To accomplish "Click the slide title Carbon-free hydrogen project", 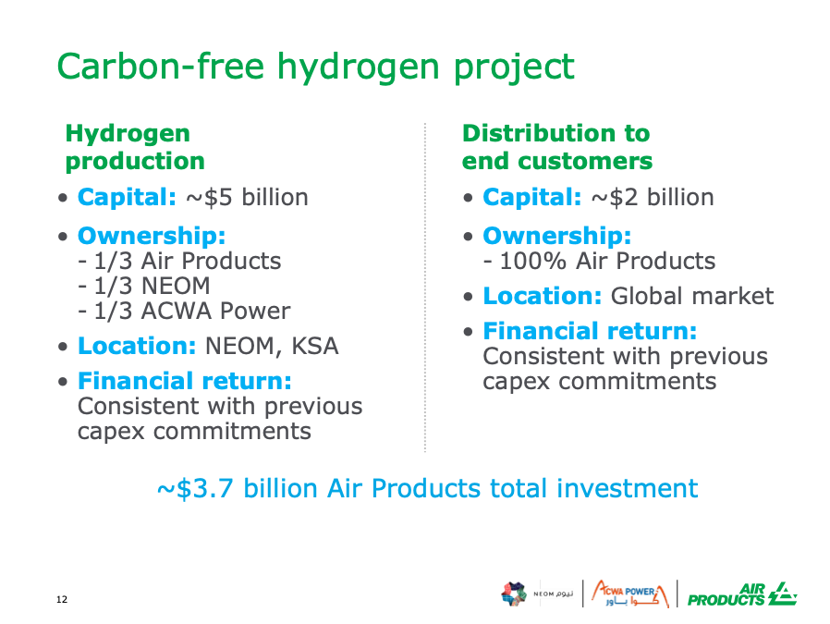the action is pos(315,67).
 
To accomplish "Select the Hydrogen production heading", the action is pos(135,147).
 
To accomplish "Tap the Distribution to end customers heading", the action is pos(556,147).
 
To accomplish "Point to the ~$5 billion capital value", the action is pos(247,198).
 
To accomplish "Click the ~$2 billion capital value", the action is pos(653,198).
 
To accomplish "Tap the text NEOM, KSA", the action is pos(272,346).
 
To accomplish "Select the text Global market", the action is pos(692,296).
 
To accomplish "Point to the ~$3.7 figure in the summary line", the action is pos(195,488).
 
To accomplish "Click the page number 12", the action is pos(62,599).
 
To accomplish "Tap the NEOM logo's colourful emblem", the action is pos(514,593).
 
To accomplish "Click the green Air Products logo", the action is pos(742,593).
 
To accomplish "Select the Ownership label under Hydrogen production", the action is pos(152,236).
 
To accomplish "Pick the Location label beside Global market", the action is pos(543,296).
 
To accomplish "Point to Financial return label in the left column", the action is pos(185,381).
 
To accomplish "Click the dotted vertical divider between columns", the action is pos(425,288).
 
